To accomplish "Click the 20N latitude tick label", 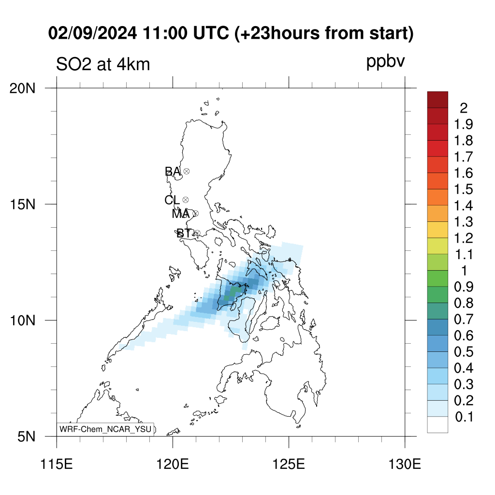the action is (x=22, y=89).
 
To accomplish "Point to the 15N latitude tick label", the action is (x=22, y=204).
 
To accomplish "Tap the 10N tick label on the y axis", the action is (x=22, y=321).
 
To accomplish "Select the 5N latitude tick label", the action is (x=26, y=437).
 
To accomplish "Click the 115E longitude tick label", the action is (x=57, y=465).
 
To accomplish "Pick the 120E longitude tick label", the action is (x=173, y=465).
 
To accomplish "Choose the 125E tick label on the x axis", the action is (x=289, y=465).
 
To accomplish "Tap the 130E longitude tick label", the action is (x=405, y=465).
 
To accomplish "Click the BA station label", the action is (x=173, y=172).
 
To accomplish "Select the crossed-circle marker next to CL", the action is (x=186, y=200).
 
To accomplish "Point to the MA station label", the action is (x=181, y=214).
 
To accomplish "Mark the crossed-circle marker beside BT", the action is (x=197, y=233).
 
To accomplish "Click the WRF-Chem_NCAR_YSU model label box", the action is (x=105, y=429).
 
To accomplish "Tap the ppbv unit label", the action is (x=385, y=62).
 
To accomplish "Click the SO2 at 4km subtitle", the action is (x=103, y=64).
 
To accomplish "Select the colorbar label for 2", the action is (x=464, y=108).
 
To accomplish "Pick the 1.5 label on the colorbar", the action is (x=464, y=189).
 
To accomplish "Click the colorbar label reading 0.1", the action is (x=464, y=417).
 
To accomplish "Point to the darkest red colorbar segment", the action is (x=437, y=100).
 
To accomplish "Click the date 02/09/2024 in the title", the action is (x=92, y=33).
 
